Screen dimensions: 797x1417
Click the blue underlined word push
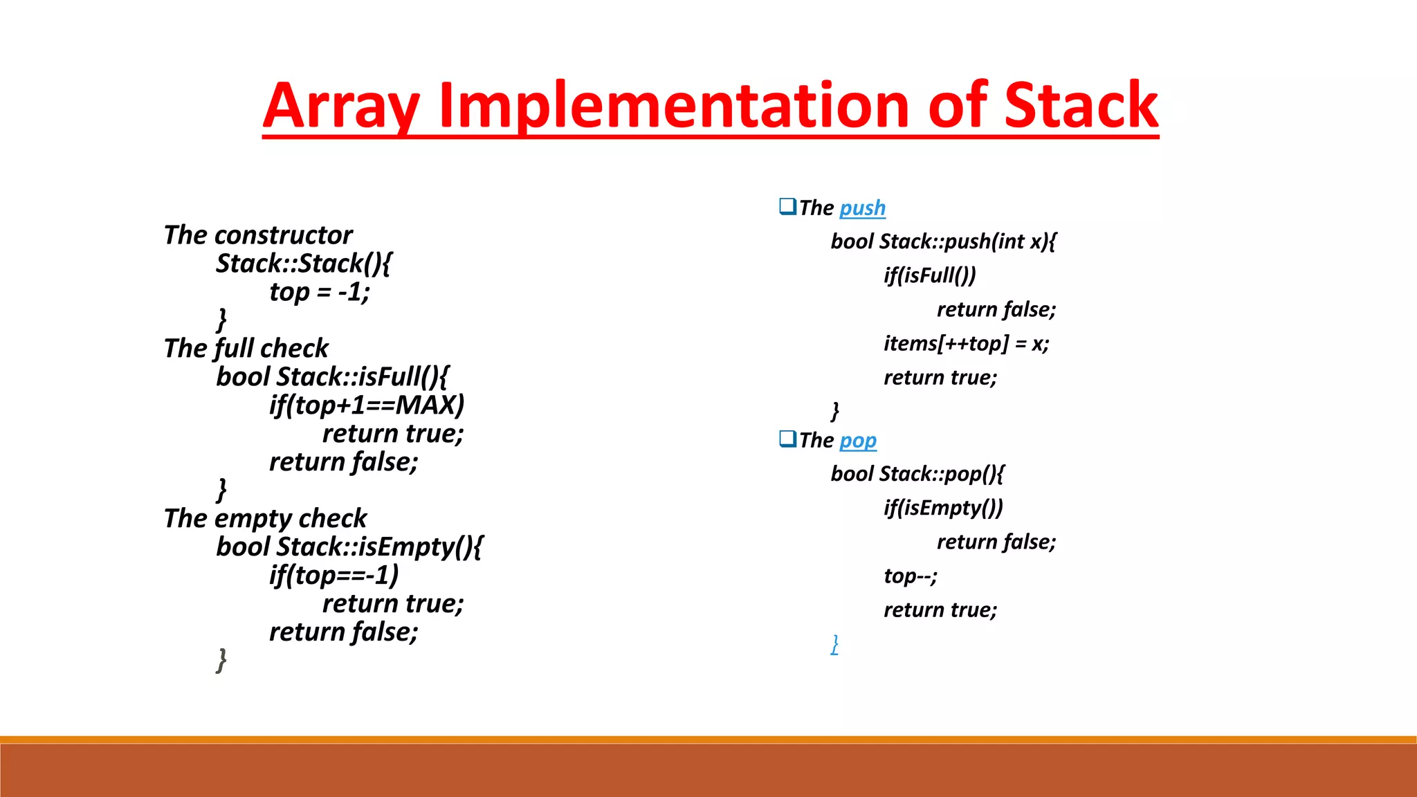point(862,208)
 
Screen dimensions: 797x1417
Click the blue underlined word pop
point(858,440)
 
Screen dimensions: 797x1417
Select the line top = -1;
point(320,292)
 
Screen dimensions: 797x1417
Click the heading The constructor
point(258,235)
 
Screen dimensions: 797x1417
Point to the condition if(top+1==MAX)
point(367,405)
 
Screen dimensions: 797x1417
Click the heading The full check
point(246,348)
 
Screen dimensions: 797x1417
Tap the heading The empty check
point(265,518)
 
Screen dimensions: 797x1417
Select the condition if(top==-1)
point(334,575)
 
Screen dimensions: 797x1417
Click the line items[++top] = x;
point(966,343)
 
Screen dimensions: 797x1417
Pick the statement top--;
point(910,576)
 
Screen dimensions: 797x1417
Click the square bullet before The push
point(787,206)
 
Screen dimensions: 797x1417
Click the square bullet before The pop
point(787,439)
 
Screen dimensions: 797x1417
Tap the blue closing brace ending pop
point(835,644)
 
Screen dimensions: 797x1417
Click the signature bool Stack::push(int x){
point(943,241)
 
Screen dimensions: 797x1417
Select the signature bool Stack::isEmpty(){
point(349,547)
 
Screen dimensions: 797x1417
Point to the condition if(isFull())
point(929,275)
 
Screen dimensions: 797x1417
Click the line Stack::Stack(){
point(304,264)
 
